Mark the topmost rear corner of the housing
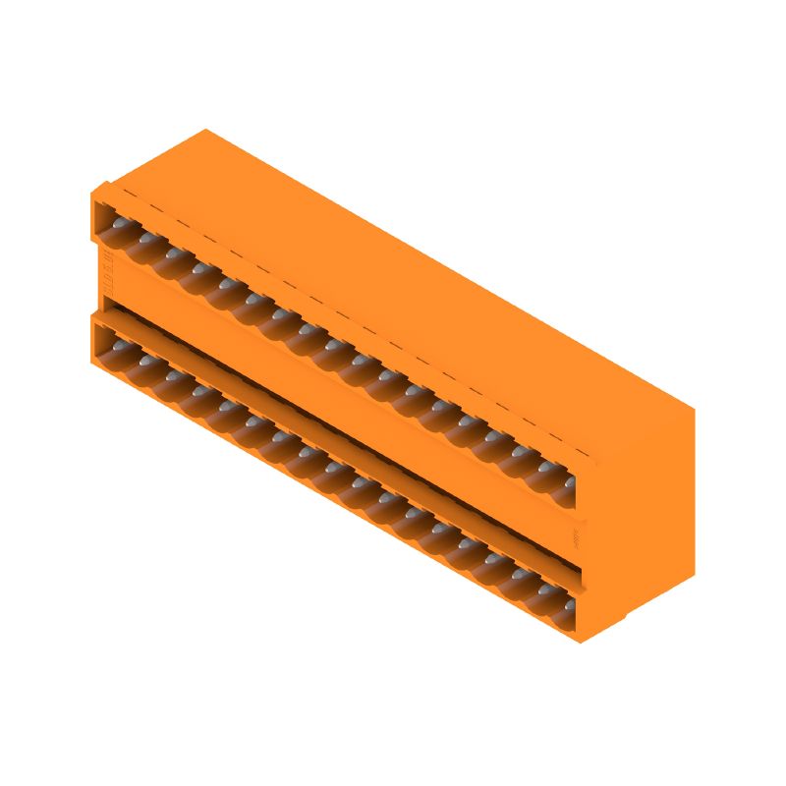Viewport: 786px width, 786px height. point(204,129)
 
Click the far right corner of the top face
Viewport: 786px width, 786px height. point(694,405)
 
